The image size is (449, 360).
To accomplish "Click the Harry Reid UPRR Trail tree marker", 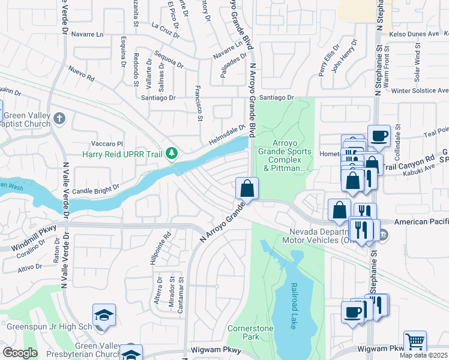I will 172,154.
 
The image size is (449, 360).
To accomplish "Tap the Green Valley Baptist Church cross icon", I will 59,118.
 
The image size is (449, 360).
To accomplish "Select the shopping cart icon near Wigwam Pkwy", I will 415,342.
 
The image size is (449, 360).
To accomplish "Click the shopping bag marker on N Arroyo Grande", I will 247,189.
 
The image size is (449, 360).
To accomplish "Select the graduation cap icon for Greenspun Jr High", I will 104,315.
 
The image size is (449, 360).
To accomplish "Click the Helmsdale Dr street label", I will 228,134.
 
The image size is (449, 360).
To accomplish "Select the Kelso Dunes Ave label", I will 414,34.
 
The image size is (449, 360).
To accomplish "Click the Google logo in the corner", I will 19,353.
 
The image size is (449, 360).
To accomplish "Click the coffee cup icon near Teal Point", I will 379,136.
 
